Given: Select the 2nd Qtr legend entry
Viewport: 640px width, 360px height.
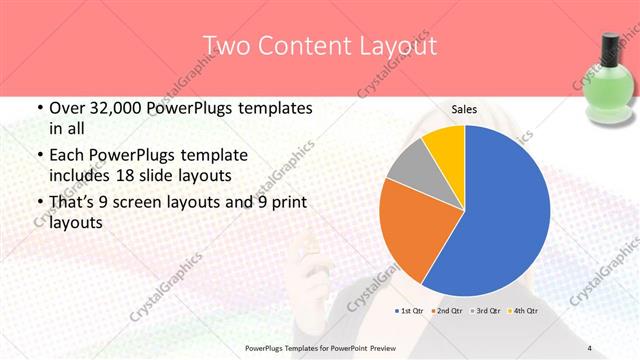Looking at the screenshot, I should [x=448, y=311].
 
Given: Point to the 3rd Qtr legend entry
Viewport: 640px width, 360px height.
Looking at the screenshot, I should [x=485, y=311].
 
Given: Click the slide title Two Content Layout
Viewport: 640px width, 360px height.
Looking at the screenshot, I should [x=320, y=46].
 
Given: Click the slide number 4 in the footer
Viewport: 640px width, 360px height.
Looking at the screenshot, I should [x=590, y=348].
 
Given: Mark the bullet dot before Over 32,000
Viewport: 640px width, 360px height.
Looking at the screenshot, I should [x=39, y=109].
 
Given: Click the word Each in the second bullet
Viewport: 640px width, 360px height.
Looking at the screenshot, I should [x=67, y=155].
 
